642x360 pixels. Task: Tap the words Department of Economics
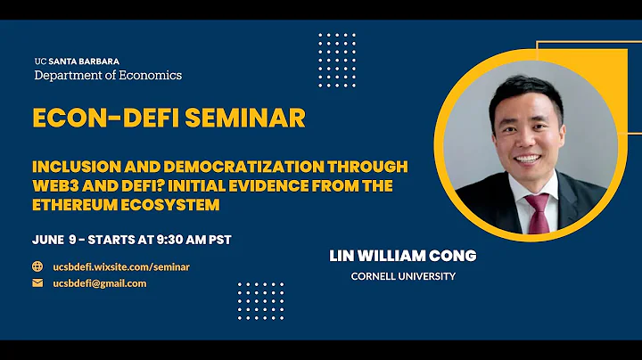tap(108, 75)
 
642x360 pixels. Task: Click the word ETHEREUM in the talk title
tap(78, 205)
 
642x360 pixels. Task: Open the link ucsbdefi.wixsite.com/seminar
tap(121, 266)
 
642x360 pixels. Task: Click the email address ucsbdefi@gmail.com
tap(100, 283)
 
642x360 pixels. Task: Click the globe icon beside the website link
tap(37, 266)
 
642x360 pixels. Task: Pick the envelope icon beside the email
tap(37, 283)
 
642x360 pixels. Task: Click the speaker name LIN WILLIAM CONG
tap(403, 256)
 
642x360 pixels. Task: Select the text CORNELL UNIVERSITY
tap(403, 276)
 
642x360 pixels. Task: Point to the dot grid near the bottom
tap(260, 300)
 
